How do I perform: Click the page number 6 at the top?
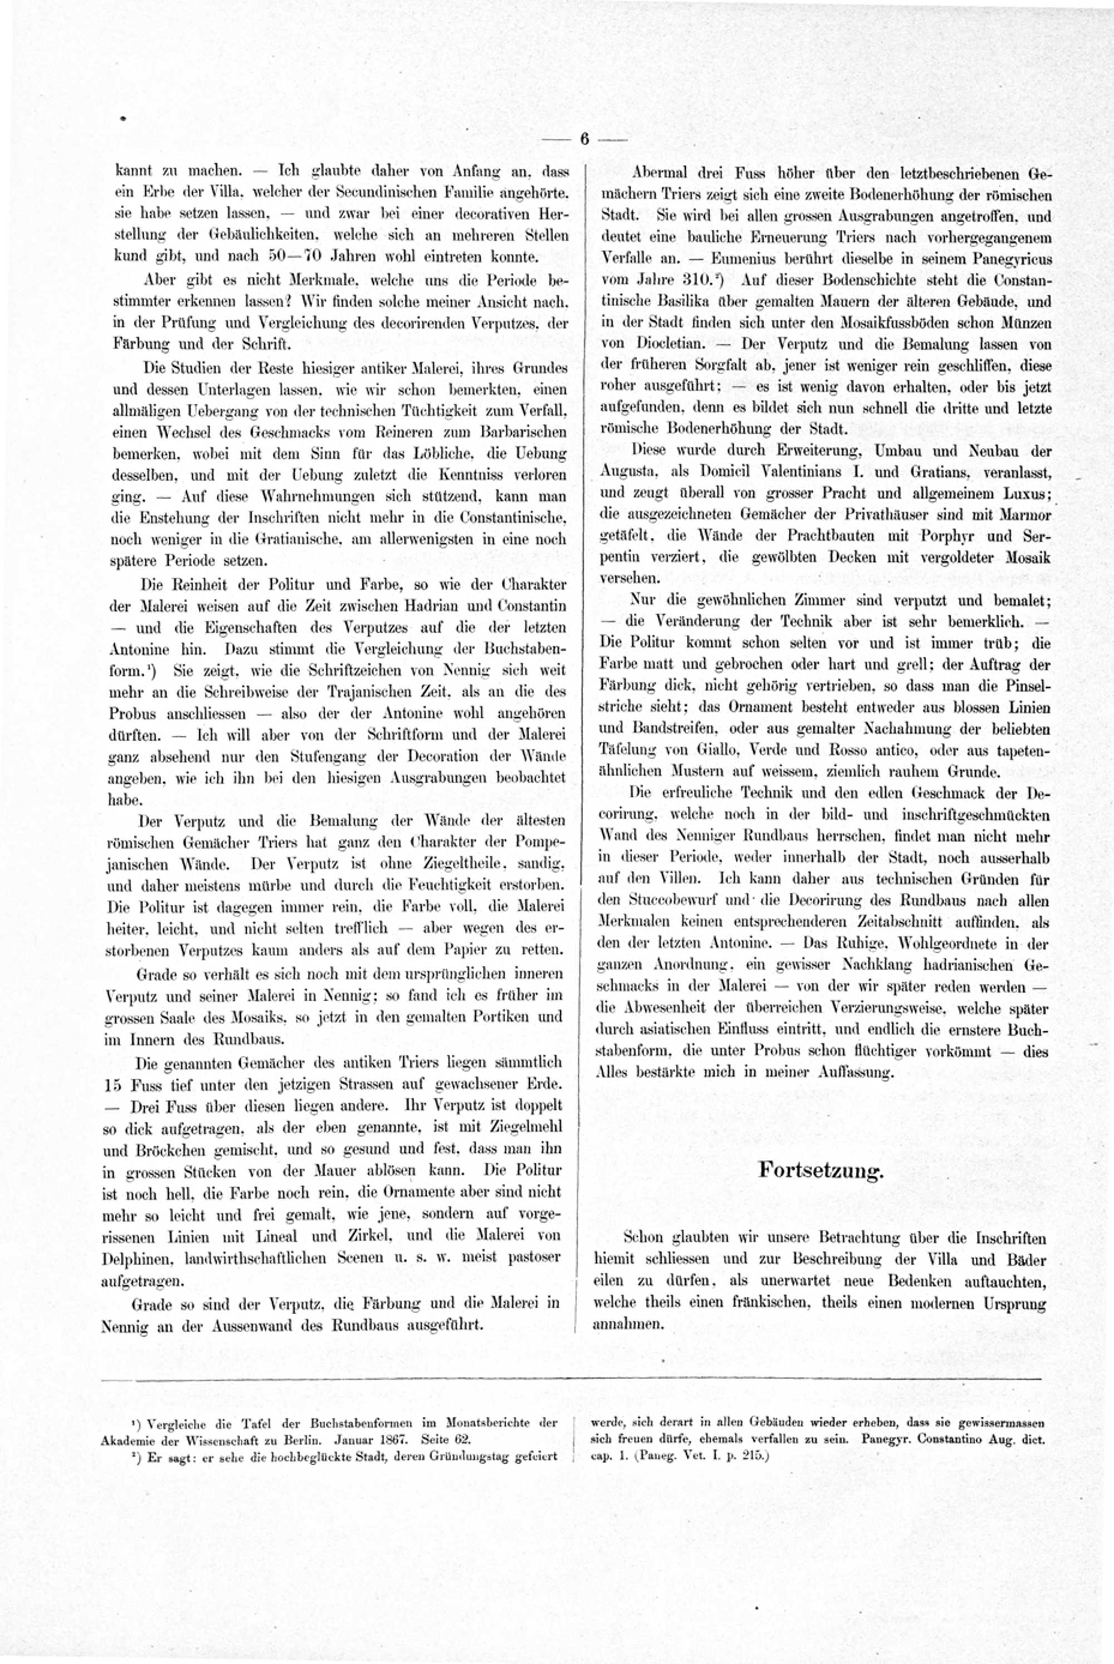coord(584,139)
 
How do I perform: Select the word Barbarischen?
coord(522,432)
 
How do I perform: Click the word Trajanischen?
coord(405,692)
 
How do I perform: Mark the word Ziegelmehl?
coord(524,1127)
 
